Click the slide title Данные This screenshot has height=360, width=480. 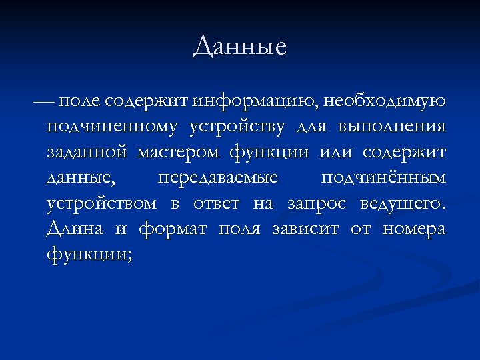coord(240,47)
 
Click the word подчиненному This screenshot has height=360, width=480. coord(112,127)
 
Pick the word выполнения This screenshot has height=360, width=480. coord(391,127)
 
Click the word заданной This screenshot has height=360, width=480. coord(87,153)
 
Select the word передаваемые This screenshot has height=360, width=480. coord(217,178)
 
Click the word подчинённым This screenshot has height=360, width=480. coord(383,178)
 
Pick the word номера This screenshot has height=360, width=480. coord(414,229)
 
